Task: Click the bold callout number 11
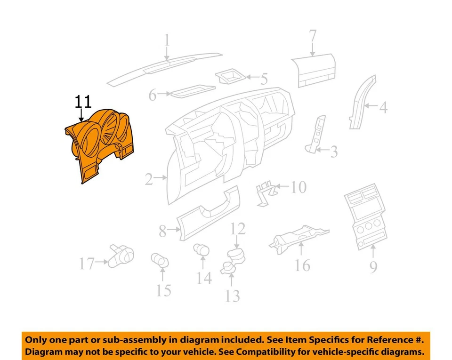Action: [x=83, y=102]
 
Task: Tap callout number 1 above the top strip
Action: [x=167, y=41]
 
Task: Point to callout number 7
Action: [x=313, y=36]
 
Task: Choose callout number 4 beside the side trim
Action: [x=384, y=108]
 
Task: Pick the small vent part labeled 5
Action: [x=229, y=76]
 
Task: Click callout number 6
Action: [x=152, y=96]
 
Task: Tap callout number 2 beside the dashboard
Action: [x=149, y=179]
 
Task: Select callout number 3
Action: [x=334, y=152]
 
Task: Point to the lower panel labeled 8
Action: [x=207, y=214]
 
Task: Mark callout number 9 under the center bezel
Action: [x=373, y=267]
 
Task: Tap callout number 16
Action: [x=303, y=265]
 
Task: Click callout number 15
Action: [x=163, y=290]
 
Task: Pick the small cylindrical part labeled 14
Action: [x=202, y=249]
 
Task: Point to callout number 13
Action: [x=232, y=296]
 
